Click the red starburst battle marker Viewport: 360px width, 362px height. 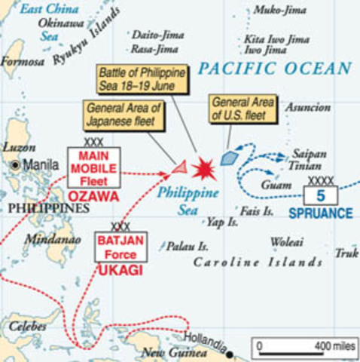204,169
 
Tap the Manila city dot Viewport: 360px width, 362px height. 14,164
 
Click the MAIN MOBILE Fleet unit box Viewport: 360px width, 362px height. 93,167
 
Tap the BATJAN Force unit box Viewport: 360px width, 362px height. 121,247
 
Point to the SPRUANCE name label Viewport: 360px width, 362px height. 320,213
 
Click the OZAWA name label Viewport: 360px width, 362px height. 94,196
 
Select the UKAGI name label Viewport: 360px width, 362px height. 121,269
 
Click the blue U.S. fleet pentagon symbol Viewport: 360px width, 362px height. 229,158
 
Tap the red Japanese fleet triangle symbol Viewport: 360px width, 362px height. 179,167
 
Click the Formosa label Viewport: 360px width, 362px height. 23,62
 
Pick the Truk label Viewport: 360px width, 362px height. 346,253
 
